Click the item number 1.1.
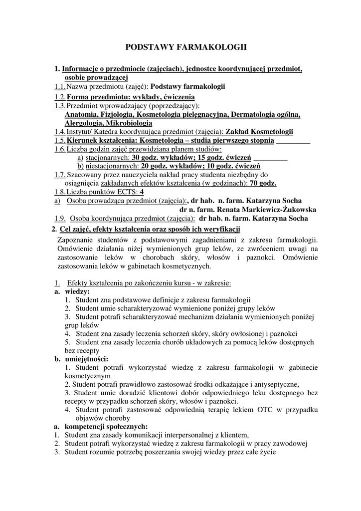click(x=60, y=86)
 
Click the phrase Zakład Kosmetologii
click(x=259, y=132)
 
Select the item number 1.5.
click(x=60, y=141)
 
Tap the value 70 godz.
click(x=263, y=184)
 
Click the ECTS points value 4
click(x=142, y=192)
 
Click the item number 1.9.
click(x=60, y=218)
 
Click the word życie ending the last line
click(x=266, y=453)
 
